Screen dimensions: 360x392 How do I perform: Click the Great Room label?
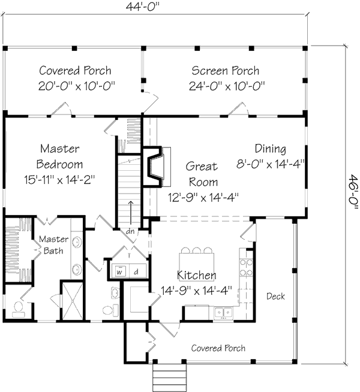(x=202, y=174)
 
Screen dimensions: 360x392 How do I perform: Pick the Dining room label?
(x=270, y=149)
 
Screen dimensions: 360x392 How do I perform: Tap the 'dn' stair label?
(x=130, y=231)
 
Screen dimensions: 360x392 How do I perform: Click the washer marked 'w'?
(x=119, y=272)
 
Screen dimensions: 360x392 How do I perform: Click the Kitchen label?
(x=197, y=276)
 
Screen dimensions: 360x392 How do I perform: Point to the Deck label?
(x=275, y=297)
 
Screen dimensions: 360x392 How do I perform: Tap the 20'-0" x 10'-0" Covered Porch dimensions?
(x=75, y=86)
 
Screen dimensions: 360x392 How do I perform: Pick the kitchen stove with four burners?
(x=245, y=267)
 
